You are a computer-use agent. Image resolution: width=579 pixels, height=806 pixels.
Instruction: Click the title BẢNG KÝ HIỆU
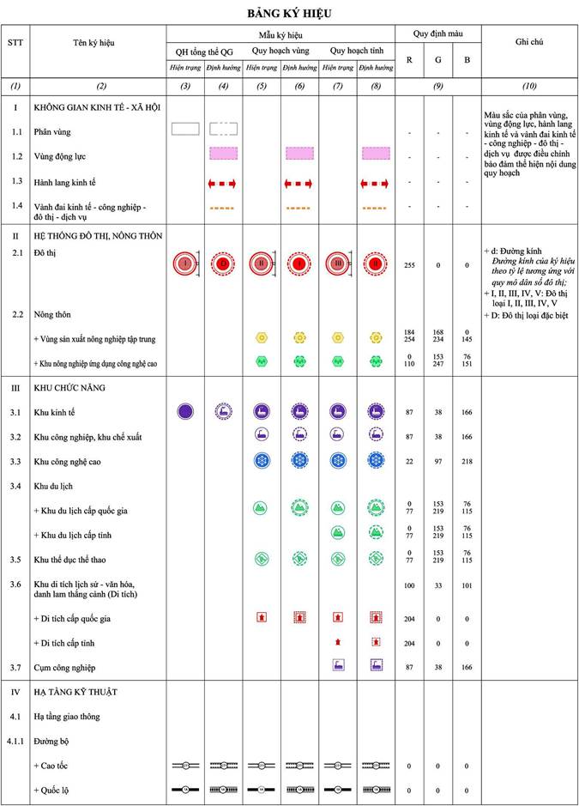(x=289, y=14)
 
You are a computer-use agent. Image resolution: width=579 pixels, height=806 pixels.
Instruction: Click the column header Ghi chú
(x=529, y=41)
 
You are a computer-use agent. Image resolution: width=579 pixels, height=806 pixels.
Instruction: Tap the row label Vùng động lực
(x=62, y=156)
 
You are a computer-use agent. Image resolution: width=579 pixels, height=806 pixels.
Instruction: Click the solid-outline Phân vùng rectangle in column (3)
(x=185, y=129)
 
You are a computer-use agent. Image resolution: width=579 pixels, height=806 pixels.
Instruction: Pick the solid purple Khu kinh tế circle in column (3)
(x=185, y=411)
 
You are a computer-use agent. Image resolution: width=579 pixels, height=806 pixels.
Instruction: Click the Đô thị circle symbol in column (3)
(x=184, y=263)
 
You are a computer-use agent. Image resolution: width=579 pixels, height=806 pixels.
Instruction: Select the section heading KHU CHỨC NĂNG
(x=69, y=388)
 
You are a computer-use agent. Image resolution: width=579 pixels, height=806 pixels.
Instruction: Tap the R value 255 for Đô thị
(x=409, y=265)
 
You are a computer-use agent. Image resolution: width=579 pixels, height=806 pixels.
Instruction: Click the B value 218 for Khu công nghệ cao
(x=467, y=463)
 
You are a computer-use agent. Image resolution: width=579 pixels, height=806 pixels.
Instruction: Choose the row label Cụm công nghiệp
(x=64, y=667)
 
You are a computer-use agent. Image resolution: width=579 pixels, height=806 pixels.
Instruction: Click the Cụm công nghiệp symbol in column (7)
(x=338, y=664)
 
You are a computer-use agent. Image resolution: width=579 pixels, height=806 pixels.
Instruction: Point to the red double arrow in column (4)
(x=223, y=184)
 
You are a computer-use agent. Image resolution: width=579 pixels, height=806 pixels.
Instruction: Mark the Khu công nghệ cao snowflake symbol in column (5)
(x=262, y=461)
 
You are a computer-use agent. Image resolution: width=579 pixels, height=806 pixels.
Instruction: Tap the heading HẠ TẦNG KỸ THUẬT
(x=75, y=691)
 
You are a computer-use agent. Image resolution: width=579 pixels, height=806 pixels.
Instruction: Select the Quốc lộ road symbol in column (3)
(x=185, y=788)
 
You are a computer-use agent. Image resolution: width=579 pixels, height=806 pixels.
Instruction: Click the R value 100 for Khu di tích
(x=409, y=585)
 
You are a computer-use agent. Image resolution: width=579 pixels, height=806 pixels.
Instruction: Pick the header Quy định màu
(x=437, y=34)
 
